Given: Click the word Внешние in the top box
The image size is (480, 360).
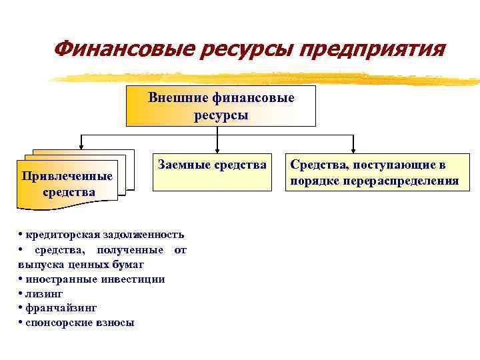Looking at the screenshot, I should coord(179,98).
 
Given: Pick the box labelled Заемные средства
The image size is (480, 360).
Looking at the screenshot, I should coord(212,171).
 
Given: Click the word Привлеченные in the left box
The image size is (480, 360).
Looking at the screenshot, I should coord(67,176).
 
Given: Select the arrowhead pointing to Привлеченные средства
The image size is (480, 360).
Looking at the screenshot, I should coord(81,145).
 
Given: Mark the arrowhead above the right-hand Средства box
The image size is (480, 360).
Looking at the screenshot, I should coord(353,149).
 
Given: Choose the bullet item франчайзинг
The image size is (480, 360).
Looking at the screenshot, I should coord(61,308).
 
